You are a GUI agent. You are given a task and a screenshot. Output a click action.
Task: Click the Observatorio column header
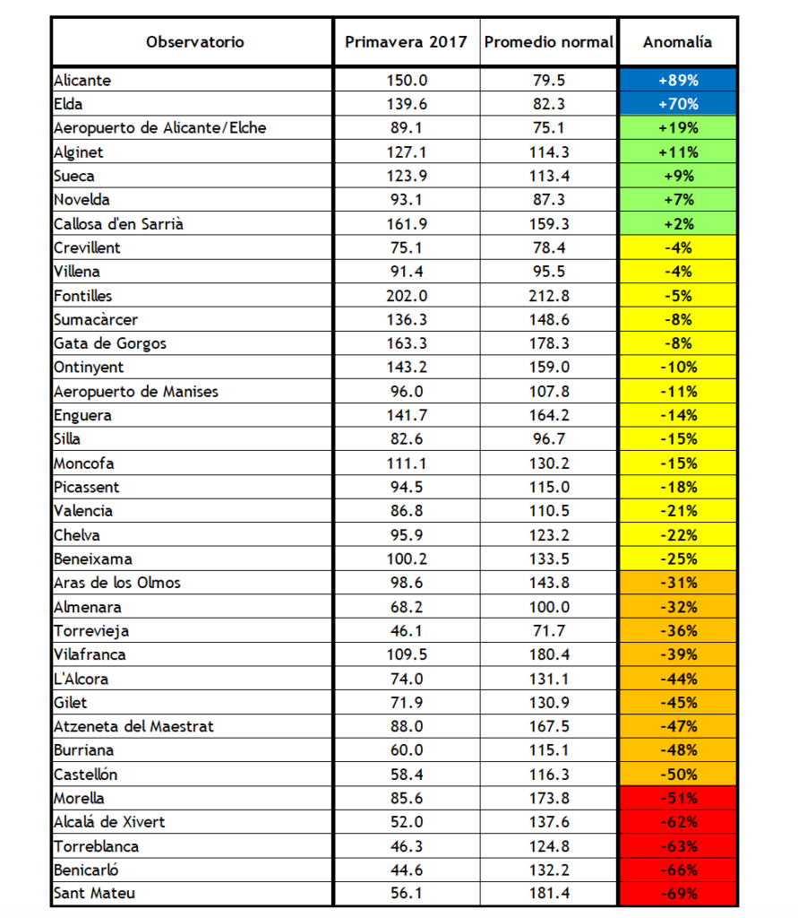point(195,42)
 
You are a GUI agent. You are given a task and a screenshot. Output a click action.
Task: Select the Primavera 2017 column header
point(406,42)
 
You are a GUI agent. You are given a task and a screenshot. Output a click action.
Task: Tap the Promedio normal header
point(548,42)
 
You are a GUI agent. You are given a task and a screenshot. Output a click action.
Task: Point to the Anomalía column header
point(677,42)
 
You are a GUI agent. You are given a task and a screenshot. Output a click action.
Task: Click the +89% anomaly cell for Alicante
point(677,80)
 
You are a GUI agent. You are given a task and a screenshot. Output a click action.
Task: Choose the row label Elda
point(68,104)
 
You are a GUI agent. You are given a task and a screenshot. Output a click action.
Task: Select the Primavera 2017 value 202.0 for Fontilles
point(406,296)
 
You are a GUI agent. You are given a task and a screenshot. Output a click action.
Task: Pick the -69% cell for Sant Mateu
point(677,894)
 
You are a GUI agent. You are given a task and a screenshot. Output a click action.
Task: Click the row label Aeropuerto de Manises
point(136,392)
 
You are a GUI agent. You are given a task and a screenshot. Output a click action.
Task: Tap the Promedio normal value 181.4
point(548,894)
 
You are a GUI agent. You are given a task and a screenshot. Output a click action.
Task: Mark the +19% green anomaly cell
point(677,128)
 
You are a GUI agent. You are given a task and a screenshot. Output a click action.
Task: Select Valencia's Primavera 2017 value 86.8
point(406,511)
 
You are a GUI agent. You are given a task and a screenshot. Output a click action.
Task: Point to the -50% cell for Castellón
point(677,775)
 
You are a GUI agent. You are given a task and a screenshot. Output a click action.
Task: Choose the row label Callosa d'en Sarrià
point(118,224)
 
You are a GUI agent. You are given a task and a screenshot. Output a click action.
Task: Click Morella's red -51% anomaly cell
point(677,798)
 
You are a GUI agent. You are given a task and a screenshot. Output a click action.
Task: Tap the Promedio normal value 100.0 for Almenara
point(548,607)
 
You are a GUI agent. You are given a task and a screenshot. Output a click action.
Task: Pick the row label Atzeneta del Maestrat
point(133,726)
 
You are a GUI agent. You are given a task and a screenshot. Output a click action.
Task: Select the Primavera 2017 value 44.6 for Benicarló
point(406,870)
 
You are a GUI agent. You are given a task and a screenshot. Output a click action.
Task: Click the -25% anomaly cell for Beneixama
point(677,559)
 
